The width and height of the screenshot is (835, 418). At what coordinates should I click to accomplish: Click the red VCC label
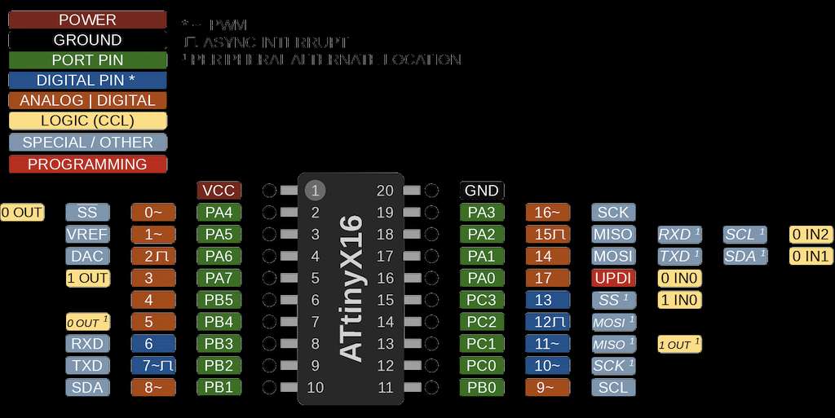(x=219, y=191)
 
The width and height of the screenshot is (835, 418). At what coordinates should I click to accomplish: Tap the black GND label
(x=481, y=191)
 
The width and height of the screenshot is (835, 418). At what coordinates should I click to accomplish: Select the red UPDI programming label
(x=613, y=278)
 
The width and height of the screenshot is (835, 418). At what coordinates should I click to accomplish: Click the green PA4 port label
(x=219, y=213)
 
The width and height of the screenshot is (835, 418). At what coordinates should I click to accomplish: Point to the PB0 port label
(x=481, y=387)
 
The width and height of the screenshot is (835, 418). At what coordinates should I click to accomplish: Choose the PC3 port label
(x=481, y=300)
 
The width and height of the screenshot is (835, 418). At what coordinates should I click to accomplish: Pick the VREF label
(x=87, y=235)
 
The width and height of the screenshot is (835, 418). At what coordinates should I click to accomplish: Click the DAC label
(x=87, y=256)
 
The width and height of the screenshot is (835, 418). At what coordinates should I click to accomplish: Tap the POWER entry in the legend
(x=87, y=20)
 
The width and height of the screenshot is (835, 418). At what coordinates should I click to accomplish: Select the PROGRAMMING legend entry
(x=87, y=164)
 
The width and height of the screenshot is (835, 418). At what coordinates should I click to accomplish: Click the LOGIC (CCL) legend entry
(x=87, y=121)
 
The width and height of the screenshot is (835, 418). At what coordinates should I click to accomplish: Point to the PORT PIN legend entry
(x=87, y=59)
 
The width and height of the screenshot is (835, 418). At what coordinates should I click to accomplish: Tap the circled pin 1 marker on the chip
(x=316, y=191)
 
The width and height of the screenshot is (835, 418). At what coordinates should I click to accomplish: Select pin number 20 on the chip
(x=386, y=191)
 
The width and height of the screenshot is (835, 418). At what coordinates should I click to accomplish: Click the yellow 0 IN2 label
(x=811, y=235)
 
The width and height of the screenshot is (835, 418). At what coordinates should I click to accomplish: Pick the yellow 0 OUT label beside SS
(x=22, y=213)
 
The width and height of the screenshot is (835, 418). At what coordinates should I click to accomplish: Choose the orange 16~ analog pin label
(x=547, y=213)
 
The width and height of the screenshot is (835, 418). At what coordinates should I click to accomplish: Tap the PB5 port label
(x=219, y=300)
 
